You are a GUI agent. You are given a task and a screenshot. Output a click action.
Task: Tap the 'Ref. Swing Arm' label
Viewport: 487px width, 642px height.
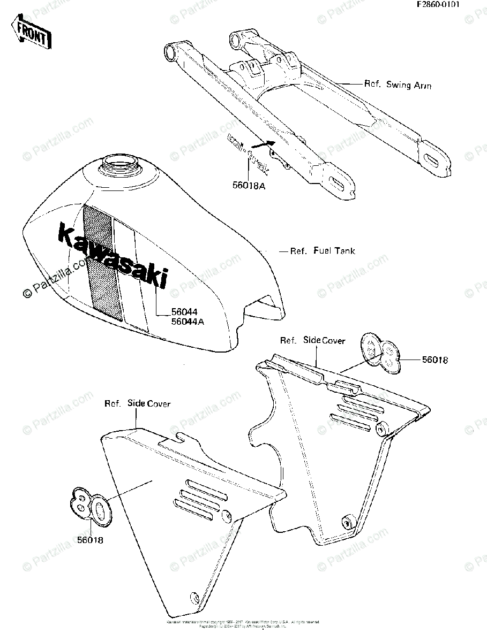click(x=398, y=85)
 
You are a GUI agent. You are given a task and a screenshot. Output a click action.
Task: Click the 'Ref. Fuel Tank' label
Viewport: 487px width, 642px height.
click(x=322, y=250)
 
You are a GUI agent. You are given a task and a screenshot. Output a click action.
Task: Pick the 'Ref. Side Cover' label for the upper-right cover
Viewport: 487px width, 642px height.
click(x=313, y=340)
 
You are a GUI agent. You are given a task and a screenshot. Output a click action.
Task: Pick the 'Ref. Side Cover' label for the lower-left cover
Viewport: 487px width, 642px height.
click(x=137, y=403)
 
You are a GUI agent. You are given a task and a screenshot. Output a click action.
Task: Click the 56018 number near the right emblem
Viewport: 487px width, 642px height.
click(x=434, y=360)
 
